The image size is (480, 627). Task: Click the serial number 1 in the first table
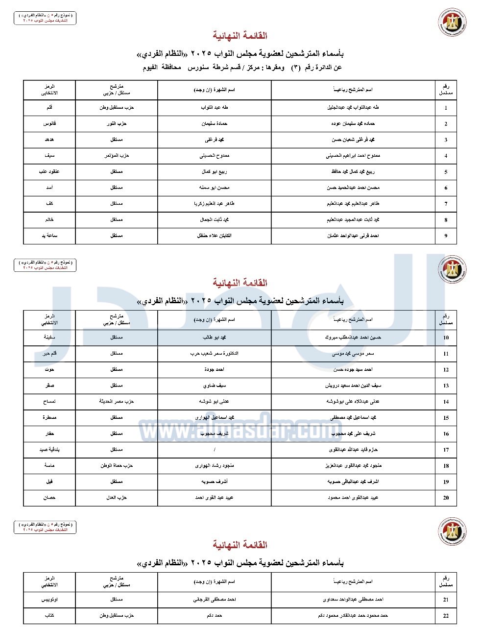coord(446,108)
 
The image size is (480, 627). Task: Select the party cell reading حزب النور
coord(117,123)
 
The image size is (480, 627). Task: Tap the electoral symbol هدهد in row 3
coord(49,140)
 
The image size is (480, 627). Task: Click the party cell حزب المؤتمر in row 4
coord(117,156)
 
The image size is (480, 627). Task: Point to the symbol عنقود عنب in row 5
coord(49,172)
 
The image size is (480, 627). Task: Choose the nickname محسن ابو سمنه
coord(215,188)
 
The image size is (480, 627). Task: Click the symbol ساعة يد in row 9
coord(49,236)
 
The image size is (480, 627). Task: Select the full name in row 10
coord(353,338)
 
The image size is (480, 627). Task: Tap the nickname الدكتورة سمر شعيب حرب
coord(215,353)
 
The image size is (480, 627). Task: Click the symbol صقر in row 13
coord(49,386)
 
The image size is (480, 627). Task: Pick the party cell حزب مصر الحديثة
coord(117,402)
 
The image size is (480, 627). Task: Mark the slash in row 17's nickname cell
coord(215,450)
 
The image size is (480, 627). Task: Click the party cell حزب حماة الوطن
coord(117,465)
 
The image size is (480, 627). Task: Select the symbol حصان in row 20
coord(49,498)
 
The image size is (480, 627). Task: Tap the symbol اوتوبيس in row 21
coord(49,600)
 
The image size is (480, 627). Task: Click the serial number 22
coord(446,616)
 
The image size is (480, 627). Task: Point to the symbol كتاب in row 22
coord(49,616)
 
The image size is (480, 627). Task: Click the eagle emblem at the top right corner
coord(452,23)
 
